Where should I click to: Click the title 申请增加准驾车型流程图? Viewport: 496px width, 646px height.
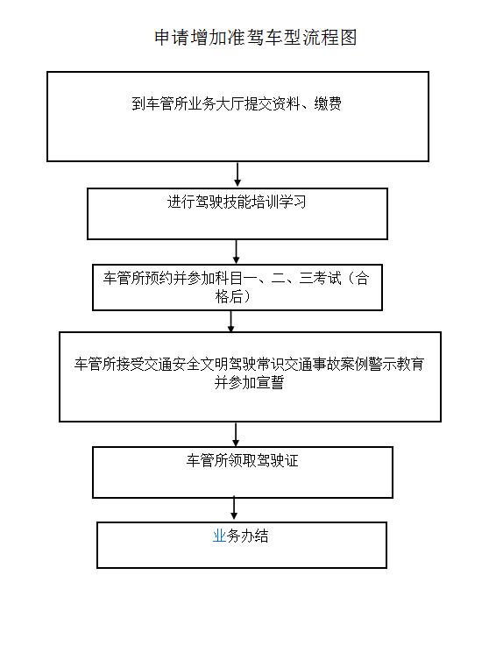tap(255, 38)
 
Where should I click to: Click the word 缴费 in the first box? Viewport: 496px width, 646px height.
tap(328, 103)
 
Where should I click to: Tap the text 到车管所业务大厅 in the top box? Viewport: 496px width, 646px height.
tap(188, 103)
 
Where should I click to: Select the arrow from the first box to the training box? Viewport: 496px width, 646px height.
tap(237, 174)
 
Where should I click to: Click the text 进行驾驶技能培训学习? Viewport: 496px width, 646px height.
tap(237, 202)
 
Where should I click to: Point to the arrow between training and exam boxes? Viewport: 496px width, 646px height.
tap(236, 252)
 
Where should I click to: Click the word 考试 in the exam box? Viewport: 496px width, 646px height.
tap(328, 278)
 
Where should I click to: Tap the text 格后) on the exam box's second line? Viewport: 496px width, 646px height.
tap(233, 296)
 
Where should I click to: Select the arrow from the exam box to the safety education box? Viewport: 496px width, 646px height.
tap(230, 321)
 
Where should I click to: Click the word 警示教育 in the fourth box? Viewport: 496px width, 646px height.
tap(396, 365)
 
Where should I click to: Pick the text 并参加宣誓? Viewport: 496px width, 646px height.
tap(249, 382)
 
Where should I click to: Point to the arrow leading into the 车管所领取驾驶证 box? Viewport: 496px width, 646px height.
tap(236, 434)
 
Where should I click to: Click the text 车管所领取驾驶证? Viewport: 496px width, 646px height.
tap(242, 460)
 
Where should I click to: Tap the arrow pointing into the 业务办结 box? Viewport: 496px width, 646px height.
tap(234, 508)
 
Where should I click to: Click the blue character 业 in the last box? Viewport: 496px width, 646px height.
tap(220, 536)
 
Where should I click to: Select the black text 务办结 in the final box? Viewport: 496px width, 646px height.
tap(248, 536)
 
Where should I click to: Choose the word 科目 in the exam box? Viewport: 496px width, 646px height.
tap(229, 278)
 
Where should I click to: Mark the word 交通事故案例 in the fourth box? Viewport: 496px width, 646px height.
tap(327, 365)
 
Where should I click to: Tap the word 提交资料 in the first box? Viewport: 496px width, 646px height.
tap(273, 103)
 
